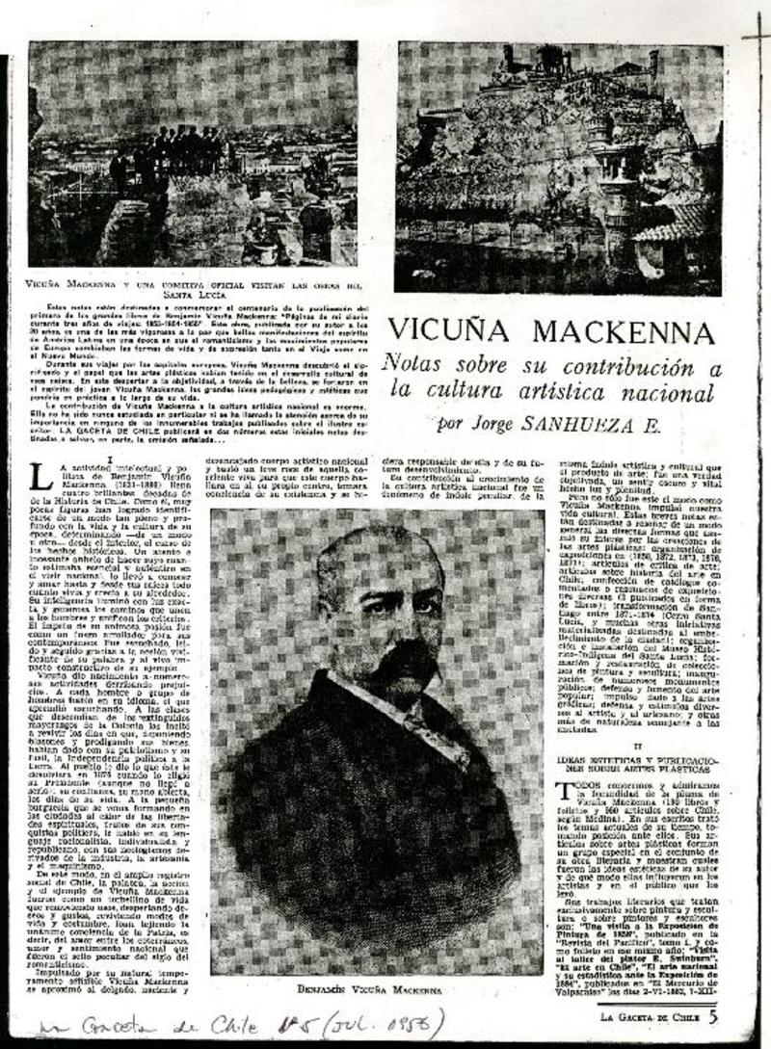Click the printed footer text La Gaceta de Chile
coord(651,1016)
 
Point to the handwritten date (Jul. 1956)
coord(385,1023)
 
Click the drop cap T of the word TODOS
coord(568,788)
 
